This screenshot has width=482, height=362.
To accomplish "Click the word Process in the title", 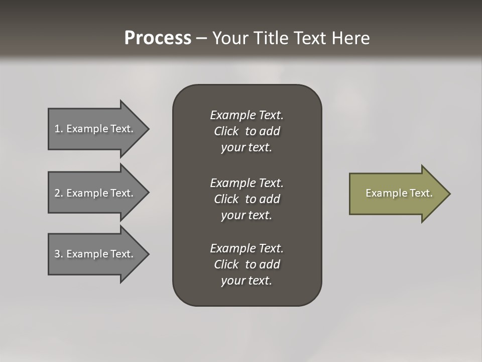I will click(x=158, y=38).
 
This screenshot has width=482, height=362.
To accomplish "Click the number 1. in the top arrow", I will click(x=59, y=129).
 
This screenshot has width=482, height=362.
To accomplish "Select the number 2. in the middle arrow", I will click(x=59, y=193).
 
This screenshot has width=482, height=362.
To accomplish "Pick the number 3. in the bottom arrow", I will click(x=59, y=254).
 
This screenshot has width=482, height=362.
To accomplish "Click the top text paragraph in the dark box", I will click(x=247, y=131).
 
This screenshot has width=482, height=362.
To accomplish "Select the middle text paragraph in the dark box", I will click(x=247, y=199).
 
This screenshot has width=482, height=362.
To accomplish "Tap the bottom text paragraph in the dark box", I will click(x=247, y=264).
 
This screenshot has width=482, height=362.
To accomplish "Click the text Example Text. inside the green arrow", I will click(x=399, y=193).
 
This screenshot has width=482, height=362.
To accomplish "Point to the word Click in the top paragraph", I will click(x=226, y=131).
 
